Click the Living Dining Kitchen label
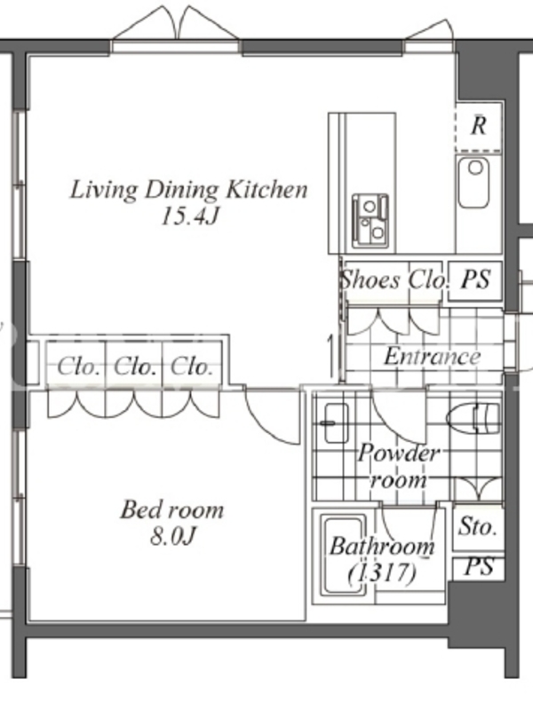pos(189,190)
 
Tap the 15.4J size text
pos(190,217)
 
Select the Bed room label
pos(172,509)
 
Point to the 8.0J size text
pos(172,537)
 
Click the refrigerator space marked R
pos(479,126)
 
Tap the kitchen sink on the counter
pos(370,221)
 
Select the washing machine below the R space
pos(473,182)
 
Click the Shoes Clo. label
pos(394,280)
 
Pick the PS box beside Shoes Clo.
pos(475,280)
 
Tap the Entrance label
pos(433,357)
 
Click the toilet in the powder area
pos(474,417)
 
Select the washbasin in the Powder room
pos(337,423)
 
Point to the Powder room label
pos(398,466)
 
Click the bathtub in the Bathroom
pos(344,555)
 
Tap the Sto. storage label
pos(477,526)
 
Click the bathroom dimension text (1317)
pos(382,573)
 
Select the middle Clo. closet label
pos(135,367)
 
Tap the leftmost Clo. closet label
pos(78,367)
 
